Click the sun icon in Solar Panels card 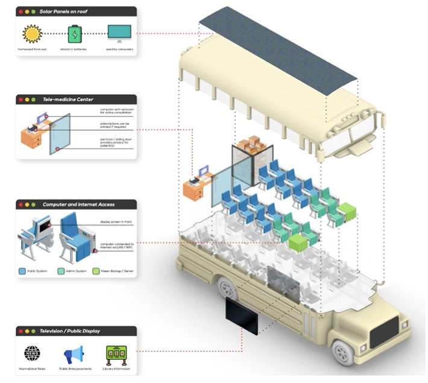point(31,33)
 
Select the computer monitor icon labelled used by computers point(118,33)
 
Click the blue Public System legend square point(22,271)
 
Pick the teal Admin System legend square point(60,271)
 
